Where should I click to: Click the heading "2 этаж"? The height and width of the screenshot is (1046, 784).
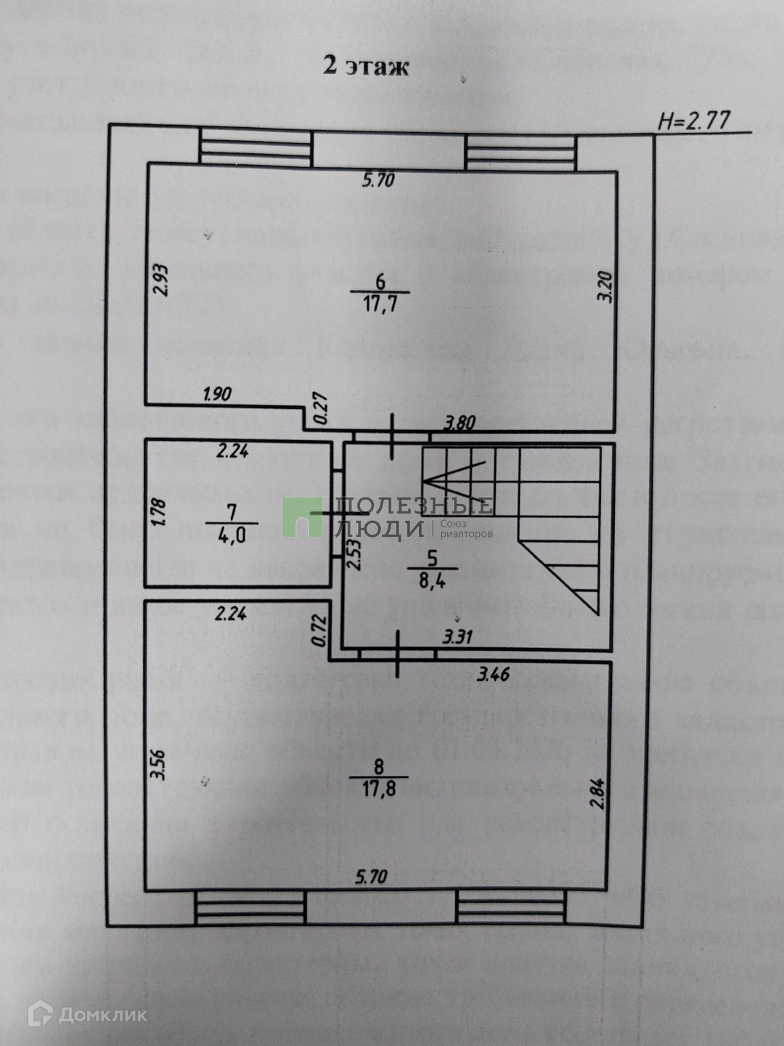(366, 65)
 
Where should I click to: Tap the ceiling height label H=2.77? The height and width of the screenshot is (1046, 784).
(693, 120)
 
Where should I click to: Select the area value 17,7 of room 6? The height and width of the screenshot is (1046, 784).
(380, 303)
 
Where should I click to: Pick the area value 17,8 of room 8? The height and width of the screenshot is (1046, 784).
(379, 788)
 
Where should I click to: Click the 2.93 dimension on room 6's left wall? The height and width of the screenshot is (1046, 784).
(162, 279)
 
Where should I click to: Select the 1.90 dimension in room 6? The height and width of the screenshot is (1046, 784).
(217, 394)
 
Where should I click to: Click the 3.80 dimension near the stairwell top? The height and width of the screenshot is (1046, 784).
(459, 422)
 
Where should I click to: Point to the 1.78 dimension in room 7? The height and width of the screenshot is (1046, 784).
(160, 513)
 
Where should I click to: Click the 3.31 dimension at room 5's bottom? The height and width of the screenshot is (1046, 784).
(457, 637)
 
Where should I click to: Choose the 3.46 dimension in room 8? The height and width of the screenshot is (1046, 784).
(493, 674)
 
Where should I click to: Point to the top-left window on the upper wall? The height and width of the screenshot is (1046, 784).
(256, 148)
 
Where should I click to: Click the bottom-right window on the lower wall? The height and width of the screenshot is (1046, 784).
(510, 908)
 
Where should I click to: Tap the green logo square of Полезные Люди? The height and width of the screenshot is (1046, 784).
(302, 517)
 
